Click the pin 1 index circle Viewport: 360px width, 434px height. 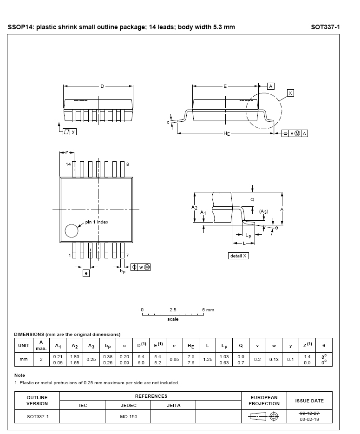[x=72, y=230]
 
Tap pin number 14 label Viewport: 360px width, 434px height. [x=68, y=164]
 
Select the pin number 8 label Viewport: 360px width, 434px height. [x=128, y=164]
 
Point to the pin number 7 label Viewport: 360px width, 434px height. [x=128, y=256]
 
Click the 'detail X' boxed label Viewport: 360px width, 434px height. [x=239, y=256]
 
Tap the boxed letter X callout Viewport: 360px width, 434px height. [x=290, y=93]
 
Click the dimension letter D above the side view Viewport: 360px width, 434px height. [x=102, y=86]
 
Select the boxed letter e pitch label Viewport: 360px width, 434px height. [x=86, y=274]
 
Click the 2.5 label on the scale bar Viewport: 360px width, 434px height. [x=173, y=309]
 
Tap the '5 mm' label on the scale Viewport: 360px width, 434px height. [x=208, y=309]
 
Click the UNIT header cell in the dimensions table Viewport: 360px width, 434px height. [x=23, y=345]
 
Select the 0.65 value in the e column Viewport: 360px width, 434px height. [x=174, y=359]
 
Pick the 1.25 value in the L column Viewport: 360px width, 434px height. [x=208, y=359]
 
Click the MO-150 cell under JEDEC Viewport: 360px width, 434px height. [x=128, y=416]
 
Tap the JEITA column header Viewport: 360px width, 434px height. [x=174, y=405]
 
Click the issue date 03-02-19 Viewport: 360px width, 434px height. [x=309, y=420]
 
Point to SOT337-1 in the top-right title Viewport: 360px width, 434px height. [x=325, y=27]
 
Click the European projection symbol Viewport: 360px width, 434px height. [x=265, y=416]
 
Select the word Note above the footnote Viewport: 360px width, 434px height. [x=20, y=375]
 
